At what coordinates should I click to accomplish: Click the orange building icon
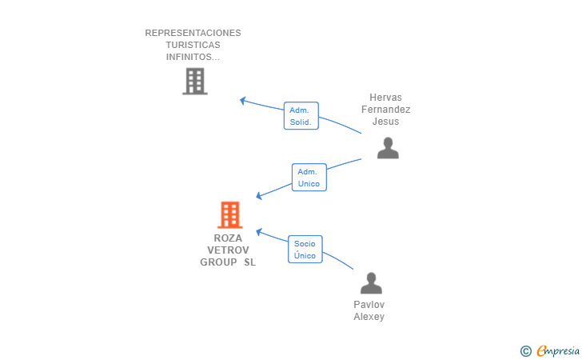pyautogui.click(x=229, y=214)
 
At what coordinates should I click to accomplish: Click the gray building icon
pyautogui.click(x=195, y=82)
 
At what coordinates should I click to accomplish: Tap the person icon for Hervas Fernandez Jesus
pyautogui.click(x=388, y=148)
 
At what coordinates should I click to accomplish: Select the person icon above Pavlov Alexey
pyautogui.click(x=371, y=283)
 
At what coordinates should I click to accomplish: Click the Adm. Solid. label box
pyautogui.click(x=301, y=116)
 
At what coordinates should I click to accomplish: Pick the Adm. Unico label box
pyautogui.click(x=309, y=178)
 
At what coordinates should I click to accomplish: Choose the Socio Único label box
pyautogui.click(x=305, y=250)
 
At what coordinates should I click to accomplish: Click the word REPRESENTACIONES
pyautogui.click(x=193, y=33)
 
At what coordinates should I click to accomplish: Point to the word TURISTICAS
pyautogui.click(x=193, y=45)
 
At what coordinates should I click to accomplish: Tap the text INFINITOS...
pyautogui.click(x=193, y=57)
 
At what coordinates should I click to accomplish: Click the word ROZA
pyautogui.click(x=228, y=238)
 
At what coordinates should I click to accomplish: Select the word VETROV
pyautogui.click(x=228, y=250)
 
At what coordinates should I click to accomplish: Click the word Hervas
pyautogui.click(x=385, y=98)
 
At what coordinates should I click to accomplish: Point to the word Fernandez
pyautogui.click(x=385, y=110)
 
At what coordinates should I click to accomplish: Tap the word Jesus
pyautogui.click(x=385, y=122)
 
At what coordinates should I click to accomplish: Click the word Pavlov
pyautogui.click(x=369, y=305)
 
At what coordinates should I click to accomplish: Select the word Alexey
pyautogui.click(x=369, y=317)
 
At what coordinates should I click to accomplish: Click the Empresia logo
pyautogui.click(x=558, y=350)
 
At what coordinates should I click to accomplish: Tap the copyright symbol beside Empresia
pyautogui.click(x=526, y=351)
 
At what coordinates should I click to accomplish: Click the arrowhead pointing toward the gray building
pyautogui.click(x=243, y=100)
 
